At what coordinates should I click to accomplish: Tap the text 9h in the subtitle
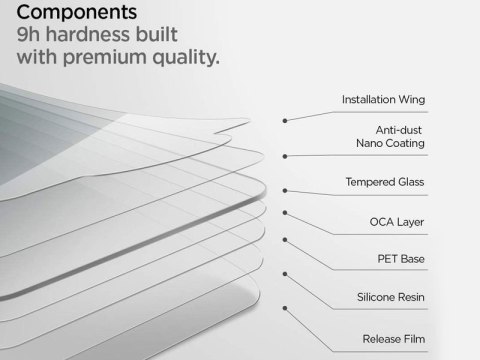click(20, 36)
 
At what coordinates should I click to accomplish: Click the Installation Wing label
click(383, 101)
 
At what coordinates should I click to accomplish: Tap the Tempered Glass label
click(385, 183)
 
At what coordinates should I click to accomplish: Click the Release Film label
click(393, 338)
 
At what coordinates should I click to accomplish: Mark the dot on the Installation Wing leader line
click(286, 119)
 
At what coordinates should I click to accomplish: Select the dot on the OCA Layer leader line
click(286, 214)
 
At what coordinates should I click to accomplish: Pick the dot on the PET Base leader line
click(286, 240)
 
